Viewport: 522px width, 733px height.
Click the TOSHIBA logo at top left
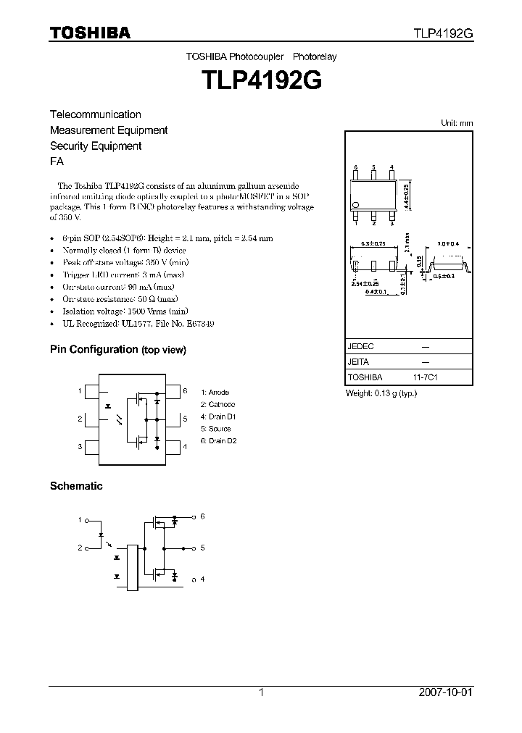coord(90,33)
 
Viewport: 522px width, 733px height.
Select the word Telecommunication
coord(95,114)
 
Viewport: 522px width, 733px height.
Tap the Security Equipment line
coord(95,146)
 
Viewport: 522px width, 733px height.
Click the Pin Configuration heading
coord(94,349)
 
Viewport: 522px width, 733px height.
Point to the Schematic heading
coord(75,486)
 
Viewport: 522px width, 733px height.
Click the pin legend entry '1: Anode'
coord(216,393)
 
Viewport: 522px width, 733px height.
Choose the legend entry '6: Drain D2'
coord(219,440)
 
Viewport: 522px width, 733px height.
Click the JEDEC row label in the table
coord(360,346)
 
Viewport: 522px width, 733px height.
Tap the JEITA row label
coord(358,361)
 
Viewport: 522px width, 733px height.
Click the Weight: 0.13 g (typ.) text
coord(381,393)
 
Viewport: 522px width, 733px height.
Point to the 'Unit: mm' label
coord(457,123)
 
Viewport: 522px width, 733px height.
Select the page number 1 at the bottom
coord(261,692)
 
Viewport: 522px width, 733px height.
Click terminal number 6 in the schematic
coord(203,516)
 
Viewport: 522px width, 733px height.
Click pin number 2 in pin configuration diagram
coord(80,419)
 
